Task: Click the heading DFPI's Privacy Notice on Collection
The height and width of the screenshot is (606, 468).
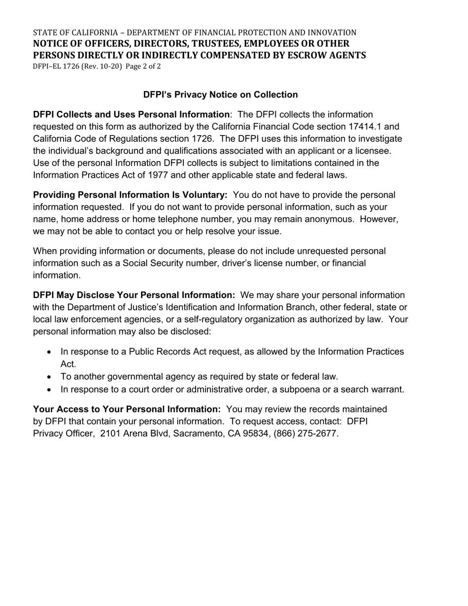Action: pos(220,95)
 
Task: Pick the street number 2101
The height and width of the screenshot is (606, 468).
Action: pos(110,434)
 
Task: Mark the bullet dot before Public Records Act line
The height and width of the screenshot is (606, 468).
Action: pos(49,352)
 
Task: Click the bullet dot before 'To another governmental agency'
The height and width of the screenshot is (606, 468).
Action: pos(49,377)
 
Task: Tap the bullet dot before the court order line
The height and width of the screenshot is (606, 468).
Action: pos(49,390)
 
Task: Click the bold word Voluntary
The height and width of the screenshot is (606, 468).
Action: pos(205,195)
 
